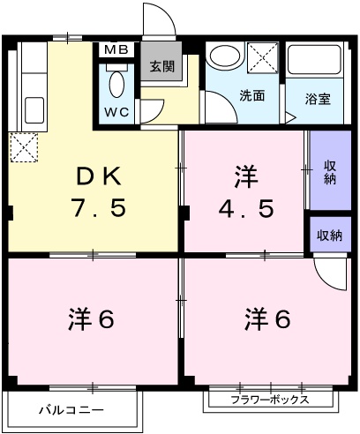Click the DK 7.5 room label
point(99,192)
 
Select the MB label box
point(116,49)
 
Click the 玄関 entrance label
point(161,65)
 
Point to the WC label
point(116,113)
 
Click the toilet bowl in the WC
point(116,85)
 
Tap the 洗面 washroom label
point(251,96)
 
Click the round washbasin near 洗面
point(222,56)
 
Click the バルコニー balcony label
point(71,410)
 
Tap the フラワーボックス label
point(270,400)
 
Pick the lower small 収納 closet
point(330,235)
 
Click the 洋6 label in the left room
point(91,319)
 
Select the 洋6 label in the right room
point(266,319)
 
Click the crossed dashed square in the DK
point(23,146)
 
